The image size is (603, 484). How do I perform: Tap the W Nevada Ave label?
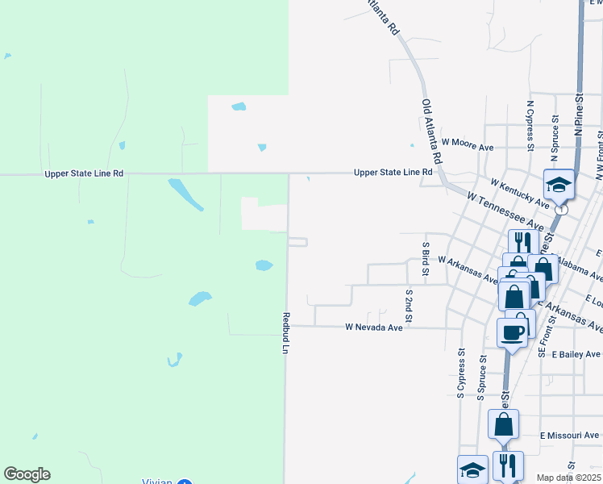pyautogui.click(x=373, y=328)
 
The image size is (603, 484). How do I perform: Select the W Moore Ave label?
pyautogui.click(x=467, y=148)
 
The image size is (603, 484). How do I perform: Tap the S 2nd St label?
pyautogui.click(x=409, y=307)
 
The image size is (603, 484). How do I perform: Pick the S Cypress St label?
pyautogui.click(x=461, y=373)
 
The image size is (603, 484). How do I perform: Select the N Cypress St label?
pyautogui.click(x=530, y=126)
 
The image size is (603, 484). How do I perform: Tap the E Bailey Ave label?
pyautogui.click(x=570, y=354)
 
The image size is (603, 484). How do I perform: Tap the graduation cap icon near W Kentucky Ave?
pyautogui.click(x=558, y=185)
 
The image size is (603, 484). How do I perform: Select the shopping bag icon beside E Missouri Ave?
pyautogui.click(x=503, y=423)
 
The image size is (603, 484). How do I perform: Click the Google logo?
pyautogui.click(x=27, y=474)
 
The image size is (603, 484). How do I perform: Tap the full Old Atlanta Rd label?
pyautogui.click(x=432, y=131)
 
